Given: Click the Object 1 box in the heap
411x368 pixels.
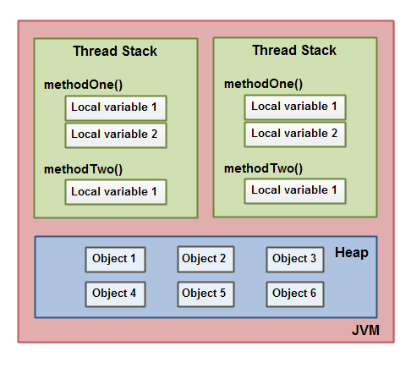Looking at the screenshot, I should coord(115,259).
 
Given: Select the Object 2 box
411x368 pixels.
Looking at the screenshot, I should coord(205,259).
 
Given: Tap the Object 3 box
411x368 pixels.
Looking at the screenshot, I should coord(295,259).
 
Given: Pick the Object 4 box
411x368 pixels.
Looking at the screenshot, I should coord(115,294).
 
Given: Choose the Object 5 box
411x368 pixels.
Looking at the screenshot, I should coord(205,294).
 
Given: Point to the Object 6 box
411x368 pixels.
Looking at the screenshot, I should coord(295,294).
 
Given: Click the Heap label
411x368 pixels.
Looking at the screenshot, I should coord(352,253).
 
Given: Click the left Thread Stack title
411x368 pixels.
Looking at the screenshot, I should coord(115,52).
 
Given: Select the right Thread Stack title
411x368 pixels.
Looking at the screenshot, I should coord(294,51).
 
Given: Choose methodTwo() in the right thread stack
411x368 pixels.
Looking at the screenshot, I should coord(263,168).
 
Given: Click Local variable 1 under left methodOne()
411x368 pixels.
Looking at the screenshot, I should coord(115,108).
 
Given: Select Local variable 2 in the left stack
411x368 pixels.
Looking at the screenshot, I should coord(115,135).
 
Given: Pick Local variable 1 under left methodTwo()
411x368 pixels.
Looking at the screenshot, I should coord(115,192).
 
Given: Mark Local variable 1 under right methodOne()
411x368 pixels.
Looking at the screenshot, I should coord(294,107).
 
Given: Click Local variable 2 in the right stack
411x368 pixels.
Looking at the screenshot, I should coord(294,134).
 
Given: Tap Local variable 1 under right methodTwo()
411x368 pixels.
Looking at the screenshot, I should coord(294,190).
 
